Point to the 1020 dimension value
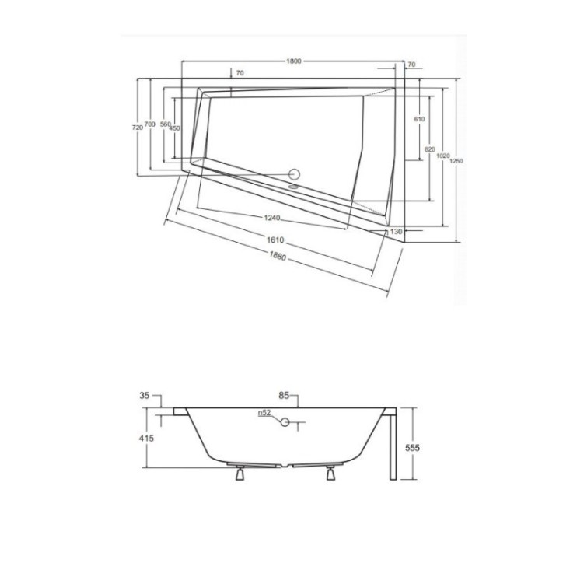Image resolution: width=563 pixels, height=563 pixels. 442,156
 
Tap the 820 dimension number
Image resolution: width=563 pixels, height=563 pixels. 430,149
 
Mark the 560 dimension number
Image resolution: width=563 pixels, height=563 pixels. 164,125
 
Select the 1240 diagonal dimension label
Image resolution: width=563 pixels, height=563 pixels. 272,219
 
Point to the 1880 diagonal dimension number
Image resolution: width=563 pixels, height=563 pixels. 277,257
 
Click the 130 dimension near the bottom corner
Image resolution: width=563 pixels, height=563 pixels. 396,231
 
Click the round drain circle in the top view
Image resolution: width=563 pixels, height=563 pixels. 295,175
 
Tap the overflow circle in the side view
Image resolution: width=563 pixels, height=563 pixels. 285,421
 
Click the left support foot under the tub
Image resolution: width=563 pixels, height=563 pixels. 240,474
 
